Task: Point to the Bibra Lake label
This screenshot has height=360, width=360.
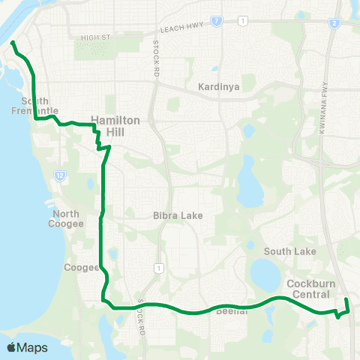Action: point(178,215)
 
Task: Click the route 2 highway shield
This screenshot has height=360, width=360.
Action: point(332,23)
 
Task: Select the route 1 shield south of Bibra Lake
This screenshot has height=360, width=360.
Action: point(157,268)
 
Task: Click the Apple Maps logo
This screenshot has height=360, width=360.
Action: point(28,347)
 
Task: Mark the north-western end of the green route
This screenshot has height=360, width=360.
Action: point(13,45)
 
